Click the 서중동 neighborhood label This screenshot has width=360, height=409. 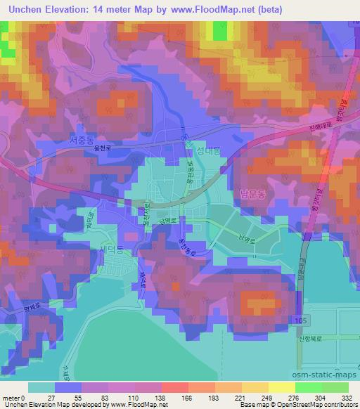point(82,141)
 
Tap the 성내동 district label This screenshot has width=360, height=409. point(208,150)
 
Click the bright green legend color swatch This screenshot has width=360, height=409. point(308,387)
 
